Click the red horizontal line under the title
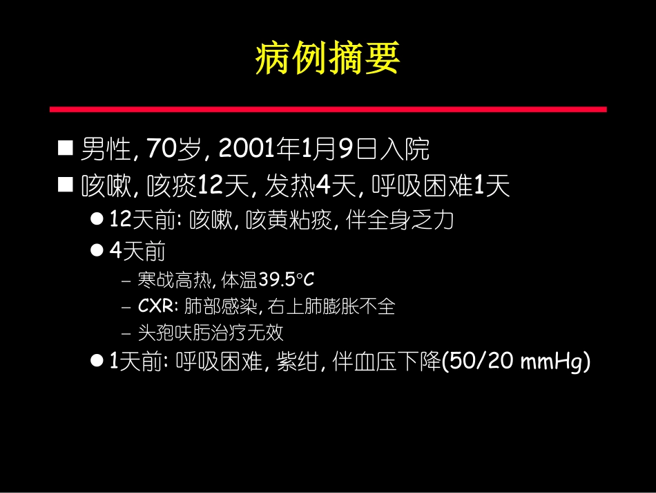point(328,109)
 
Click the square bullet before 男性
point(65,148)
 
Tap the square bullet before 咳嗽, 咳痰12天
point(65,185)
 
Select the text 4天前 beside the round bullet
point(137,252)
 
